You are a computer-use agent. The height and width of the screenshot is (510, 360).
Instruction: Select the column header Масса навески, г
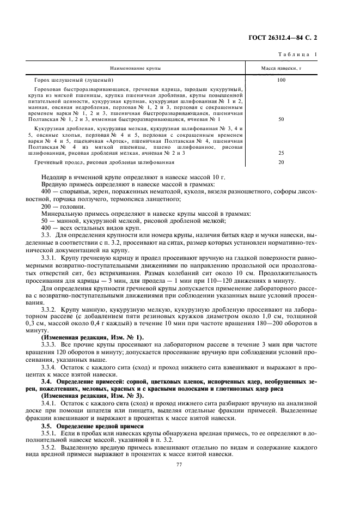click(282, 69)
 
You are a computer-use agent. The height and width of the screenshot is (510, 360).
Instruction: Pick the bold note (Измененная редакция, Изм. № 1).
click(93, 338)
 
